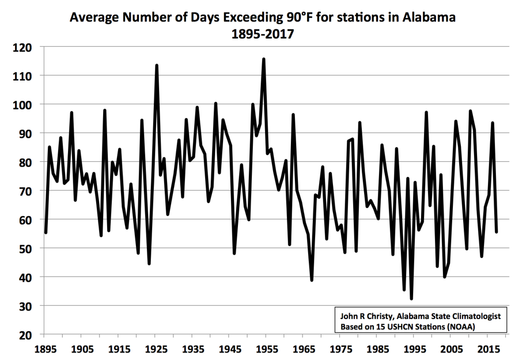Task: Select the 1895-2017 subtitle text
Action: [263, 34]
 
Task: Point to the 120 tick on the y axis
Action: [22, 47]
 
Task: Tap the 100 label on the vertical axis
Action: [22, 105]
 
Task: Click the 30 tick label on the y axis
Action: [25, 306]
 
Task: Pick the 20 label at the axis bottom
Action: [25, 335]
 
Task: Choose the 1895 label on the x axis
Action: [46, 349]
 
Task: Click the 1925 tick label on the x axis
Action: [157, 349]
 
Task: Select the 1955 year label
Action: [267, 349]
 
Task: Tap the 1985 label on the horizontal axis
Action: [378, 349]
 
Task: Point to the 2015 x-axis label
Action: [489, 349]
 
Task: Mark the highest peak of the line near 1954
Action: [264, 59]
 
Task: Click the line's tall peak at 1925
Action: [157, 66]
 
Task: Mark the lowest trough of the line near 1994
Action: [411, 299]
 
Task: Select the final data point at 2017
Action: [496, 232]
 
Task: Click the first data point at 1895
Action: [46, 233]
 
